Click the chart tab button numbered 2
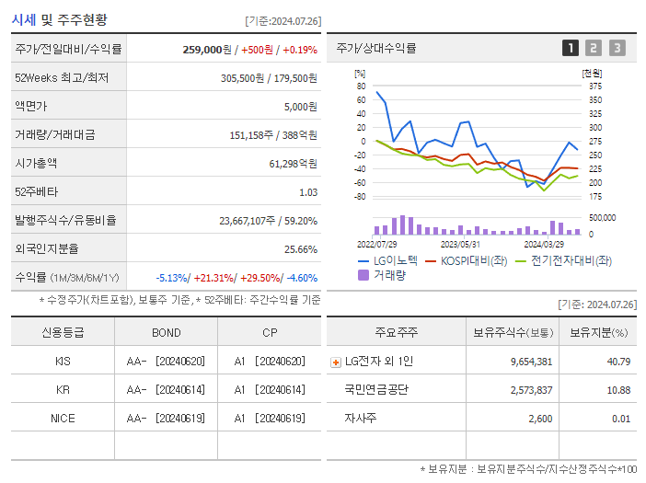(x=594, y=49)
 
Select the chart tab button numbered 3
(x=617, y=49)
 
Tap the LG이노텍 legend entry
(x=386, y=260)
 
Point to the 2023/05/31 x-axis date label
(x=460, y=244)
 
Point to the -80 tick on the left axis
(x=360, y=196)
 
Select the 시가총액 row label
(x=36, y=163)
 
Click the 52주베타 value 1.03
(x=308, y=191)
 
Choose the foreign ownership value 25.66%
(x=301, y=248)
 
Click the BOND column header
(x=166, y=332)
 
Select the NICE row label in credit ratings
(x=63, y=418)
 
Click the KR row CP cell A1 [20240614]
(x=269, y=389)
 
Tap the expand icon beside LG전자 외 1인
(x=335, y=362)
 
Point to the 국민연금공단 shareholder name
(x=376, y=390)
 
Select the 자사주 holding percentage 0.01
(x=620, y=419)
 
